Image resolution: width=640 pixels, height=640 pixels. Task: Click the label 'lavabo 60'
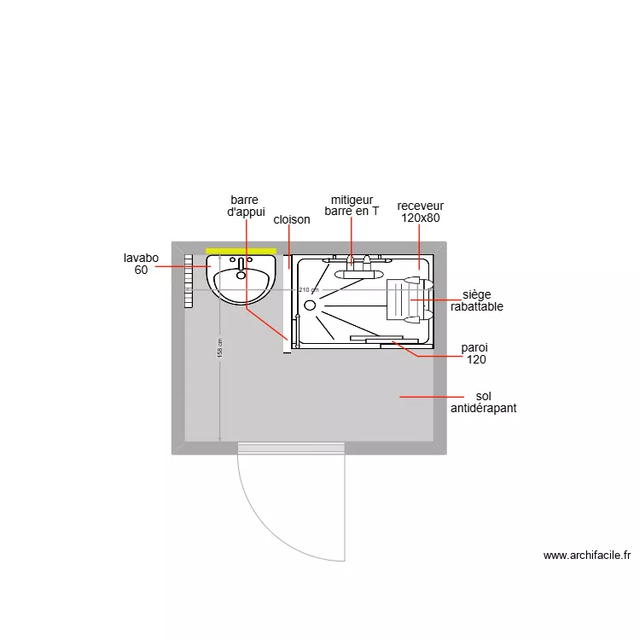pyautogui.click(x=141, y=264)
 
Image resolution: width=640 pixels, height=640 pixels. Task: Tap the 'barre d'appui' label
pyautogui.click(x=246, y=207)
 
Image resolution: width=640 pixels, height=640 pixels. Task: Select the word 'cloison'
pyautogui.click(x=292, y=220)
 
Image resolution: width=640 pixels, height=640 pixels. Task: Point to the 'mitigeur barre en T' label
pyautogui.click(x=352, y=206)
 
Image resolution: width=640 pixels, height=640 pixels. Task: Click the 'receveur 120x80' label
pyautogui.click(x=420, y=212)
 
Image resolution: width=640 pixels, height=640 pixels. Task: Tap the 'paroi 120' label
pyautogui.click(x=474, y=354)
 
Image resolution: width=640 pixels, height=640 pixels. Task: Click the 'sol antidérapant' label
pyautogui.click(x=483, y=403)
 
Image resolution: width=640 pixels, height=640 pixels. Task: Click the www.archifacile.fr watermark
pyautogui.click(x=586, y=555)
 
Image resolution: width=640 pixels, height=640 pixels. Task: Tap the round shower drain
pyautogui.click(x=310, y=304)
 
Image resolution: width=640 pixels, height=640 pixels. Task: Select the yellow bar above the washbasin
pyautogui.click(x=241, y=251)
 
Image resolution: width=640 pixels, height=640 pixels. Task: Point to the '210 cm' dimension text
pyautogui.click(x=308, y=290)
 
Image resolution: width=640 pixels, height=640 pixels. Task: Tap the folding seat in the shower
pyautogui.click(x=407, y=300)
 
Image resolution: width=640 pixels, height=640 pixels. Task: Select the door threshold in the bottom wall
pyautogui.click(x=290, y=447)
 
